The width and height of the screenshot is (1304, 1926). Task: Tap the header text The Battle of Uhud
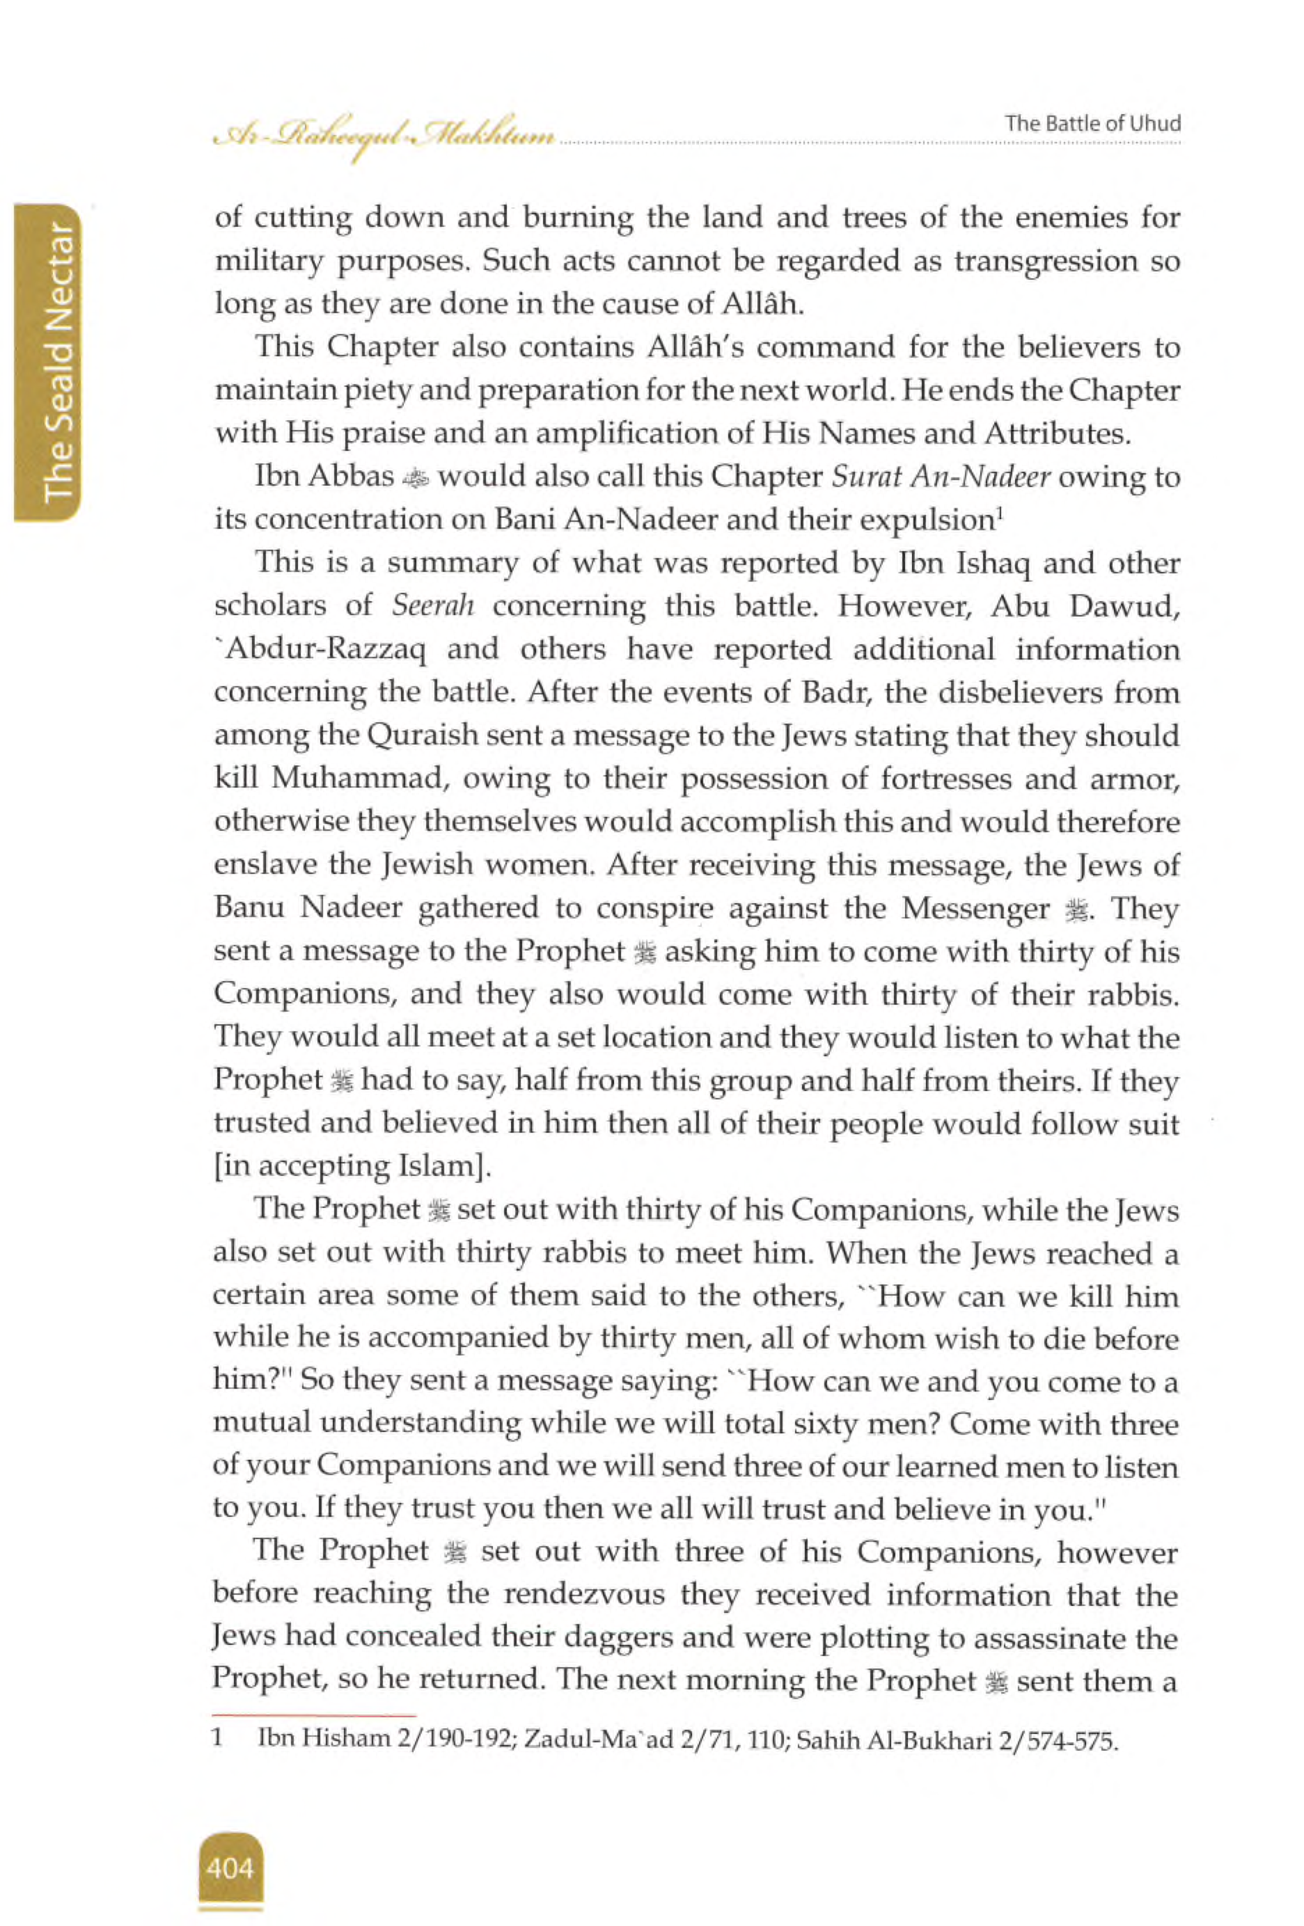1092,125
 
